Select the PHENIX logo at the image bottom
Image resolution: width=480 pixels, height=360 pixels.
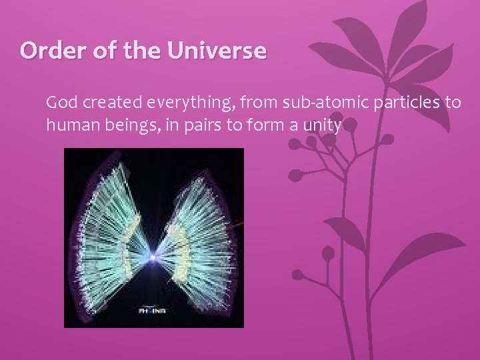[153, 311]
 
